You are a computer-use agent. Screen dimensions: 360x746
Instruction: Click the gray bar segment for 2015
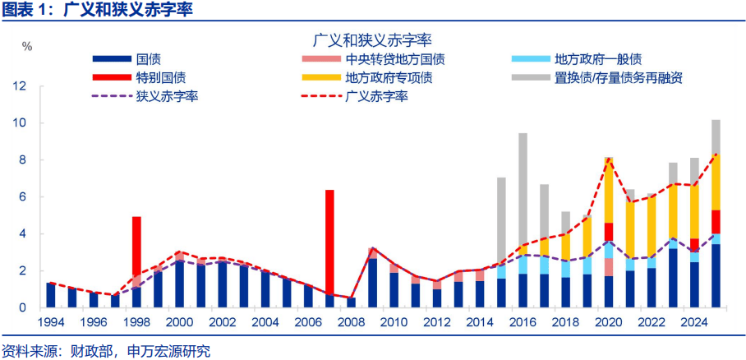tap(501, 221)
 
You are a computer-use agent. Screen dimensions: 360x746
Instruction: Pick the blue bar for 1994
tap(51, 295)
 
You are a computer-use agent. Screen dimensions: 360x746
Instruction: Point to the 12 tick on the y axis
tap(22, 86)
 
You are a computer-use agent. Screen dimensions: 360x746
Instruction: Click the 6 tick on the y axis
tap(25, 197)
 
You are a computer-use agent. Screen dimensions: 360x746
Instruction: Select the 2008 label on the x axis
tap(351, 322)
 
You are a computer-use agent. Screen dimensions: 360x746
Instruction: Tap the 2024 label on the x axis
tap(694, 322)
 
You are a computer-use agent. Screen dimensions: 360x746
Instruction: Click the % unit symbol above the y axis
tap(27, 46)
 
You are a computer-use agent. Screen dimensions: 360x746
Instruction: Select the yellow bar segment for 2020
tap(608, 190)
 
